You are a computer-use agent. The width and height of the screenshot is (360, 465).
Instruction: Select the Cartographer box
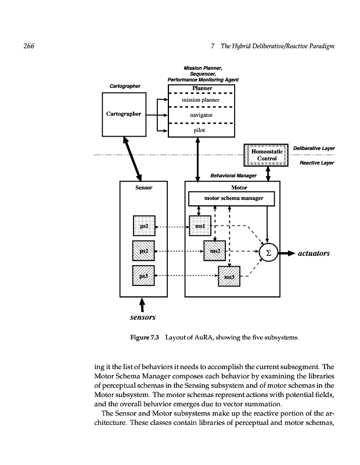click(x=123, y=114)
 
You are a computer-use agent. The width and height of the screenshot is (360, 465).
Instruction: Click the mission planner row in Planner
click(x=199, y=101)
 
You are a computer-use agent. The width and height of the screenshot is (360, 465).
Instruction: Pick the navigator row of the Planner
click(x=199, y=116)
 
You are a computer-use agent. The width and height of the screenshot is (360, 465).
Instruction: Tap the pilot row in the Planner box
click(x=199, y=131)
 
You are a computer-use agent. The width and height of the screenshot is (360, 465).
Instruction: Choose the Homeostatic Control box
click(x=268, y=154)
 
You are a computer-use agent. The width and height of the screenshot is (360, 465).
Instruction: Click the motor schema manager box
click(x=233, y=199)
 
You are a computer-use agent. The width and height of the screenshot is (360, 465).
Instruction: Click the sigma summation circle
click(x=268, y=253)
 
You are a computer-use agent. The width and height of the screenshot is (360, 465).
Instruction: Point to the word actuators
click(x=314, y=253)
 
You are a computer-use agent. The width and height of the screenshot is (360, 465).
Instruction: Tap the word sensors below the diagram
click(x=142, y=318)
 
